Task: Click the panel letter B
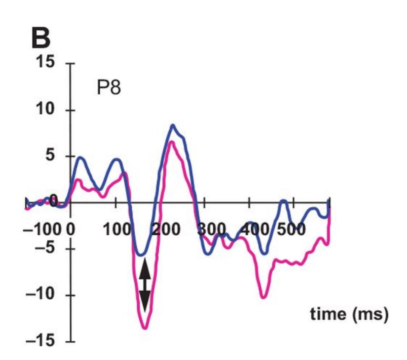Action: point(41,39)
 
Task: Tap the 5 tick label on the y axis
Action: point(51,156)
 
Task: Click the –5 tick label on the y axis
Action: point(47,249)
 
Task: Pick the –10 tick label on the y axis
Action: point(43,295)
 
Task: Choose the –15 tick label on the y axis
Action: point(43,341)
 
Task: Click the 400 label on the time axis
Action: point(254,231)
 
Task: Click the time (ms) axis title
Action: point(349,315)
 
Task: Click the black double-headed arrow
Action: point(144,285)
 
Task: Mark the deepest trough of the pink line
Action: point(145,328)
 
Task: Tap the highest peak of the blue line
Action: point(173,125)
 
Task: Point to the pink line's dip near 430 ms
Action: point(263,297)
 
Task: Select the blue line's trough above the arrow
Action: point(142,255)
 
